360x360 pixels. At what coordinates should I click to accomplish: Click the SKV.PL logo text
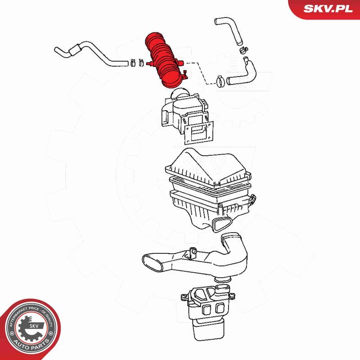pos(328,9)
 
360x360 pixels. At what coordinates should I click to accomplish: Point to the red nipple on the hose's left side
pos(149,63)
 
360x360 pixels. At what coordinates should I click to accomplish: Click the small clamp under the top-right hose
pos(244,49)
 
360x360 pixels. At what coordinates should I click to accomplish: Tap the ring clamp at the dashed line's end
pos(220,81)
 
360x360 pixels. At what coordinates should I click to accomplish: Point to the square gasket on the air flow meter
pos(199,133)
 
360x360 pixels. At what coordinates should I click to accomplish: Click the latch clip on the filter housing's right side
pos(252,199)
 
